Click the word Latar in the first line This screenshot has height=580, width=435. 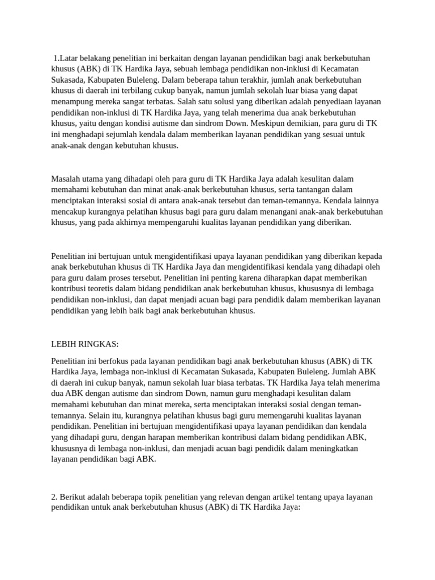[x=69, y=58]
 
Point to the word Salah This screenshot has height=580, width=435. [x=187, y=102]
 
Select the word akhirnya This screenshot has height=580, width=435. [x=127, y=223]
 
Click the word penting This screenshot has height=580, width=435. [x=229, y=278]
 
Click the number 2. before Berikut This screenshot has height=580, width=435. [x=54, y=497]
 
